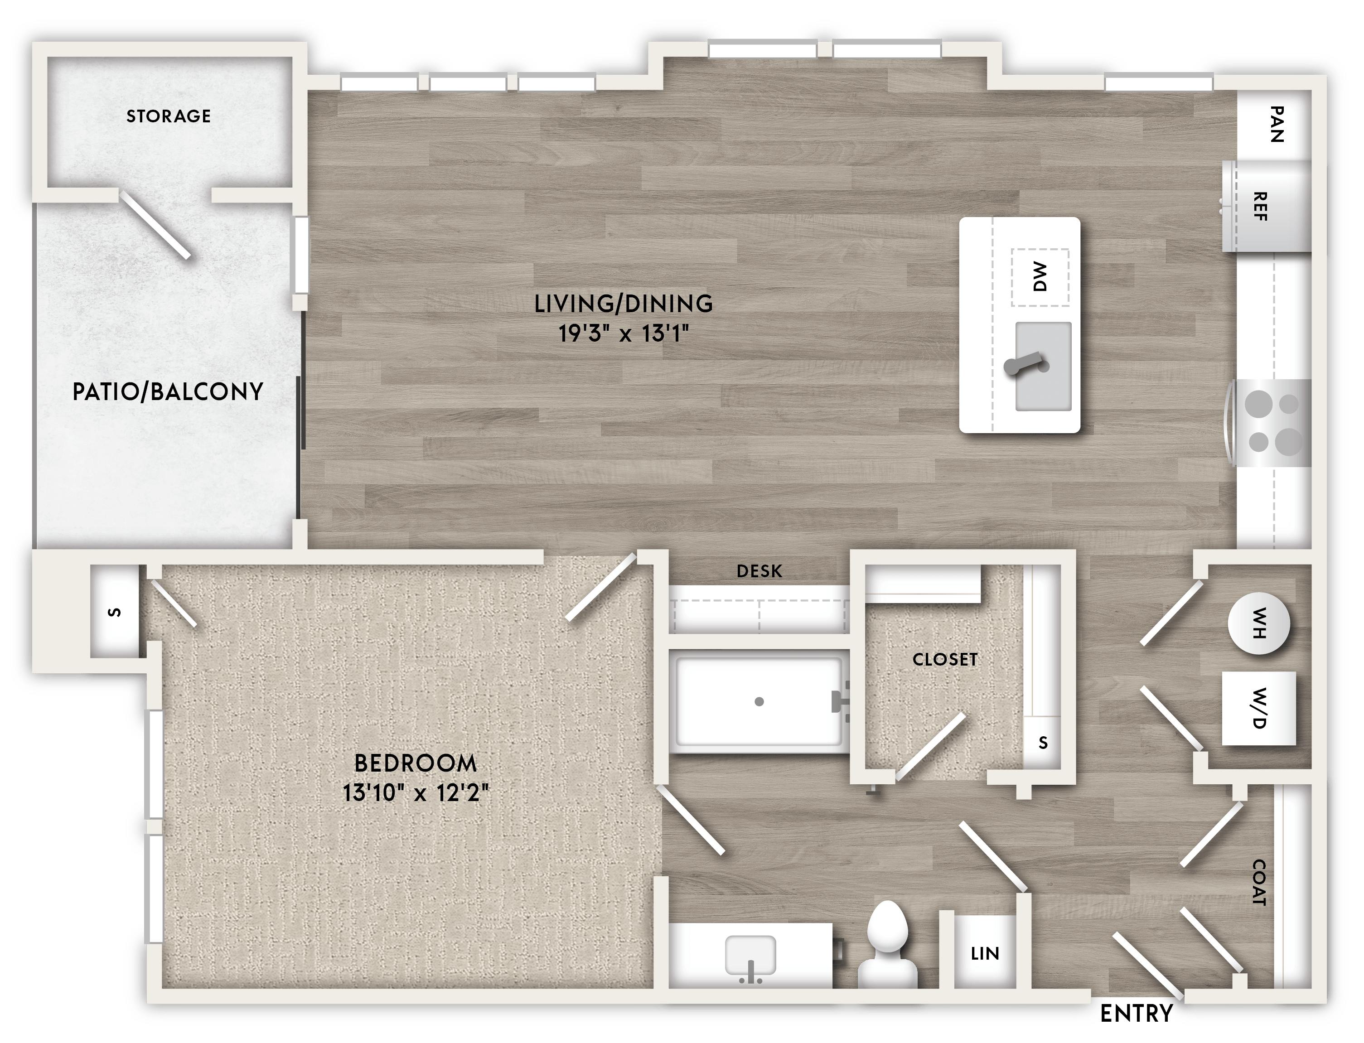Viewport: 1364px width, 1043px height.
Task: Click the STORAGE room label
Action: (168, 116)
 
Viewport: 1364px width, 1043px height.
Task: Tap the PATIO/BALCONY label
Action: (168, 392)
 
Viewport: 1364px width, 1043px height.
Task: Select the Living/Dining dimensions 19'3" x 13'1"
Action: (624, 334)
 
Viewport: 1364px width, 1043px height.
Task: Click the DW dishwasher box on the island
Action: (1040, 277)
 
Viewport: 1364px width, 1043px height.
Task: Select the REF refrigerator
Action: (1267, 207)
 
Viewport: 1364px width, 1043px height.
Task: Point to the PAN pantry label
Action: (1276, 124)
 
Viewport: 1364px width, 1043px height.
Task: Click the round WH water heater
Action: (1258, 623)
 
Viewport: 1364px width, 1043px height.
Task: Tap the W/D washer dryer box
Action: (1258, 708)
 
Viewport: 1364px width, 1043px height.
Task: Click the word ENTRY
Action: (1136, 1014)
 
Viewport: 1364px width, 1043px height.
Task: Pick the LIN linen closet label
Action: (985, 954)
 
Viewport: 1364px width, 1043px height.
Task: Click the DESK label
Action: (759, 571)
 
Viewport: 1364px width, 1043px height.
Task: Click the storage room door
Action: (155, 225)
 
